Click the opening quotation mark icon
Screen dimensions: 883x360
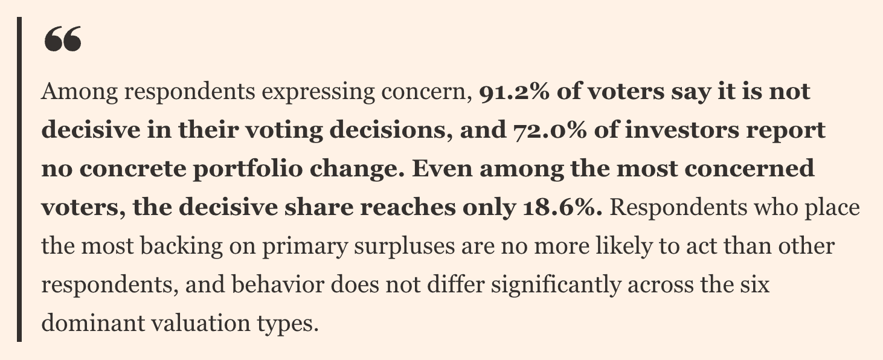coord(63,39)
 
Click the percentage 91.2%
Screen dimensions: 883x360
coord(514,91)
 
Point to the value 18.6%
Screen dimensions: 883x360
coord(562,207)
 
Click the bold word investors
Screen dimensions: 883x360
coord(682,130)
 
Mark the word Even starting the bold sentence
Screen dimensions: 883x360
coord(442,169)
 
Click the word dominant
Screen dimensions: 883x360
coord(93,323)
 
